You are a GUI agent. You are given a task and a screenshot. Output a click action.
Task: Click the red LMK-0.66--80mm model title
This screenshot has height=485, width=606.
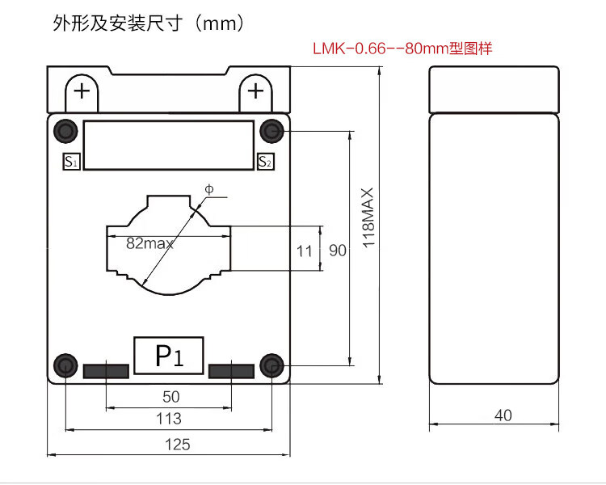[x=402, y=48]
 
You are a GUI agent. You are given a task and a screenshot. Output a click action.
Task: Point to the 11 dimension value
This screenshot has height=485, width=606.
[x=304, y=251]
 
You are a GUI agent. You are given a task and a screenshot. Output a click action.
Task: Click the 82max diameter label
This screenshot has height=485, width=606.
[x=149, y=242]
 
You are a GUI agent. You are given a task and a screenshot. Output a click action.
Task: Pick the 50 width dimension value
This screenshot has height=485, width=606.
[x=170, y=397]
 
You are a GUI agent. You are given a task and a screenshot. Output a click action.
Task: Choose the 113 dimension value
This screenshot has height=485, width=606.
[x=169, y=419]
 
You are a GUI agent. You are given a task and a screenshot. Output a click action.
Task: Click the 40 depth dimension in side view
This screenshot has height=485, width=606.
[x=503, y=415]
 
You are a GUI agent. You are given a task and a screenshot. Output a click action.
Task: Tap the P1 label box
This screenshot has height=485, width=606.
[x=169, y=356]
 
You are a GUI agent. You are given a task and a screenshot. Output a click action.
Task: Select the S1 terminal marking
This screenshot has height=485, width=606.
[x=71, y=162]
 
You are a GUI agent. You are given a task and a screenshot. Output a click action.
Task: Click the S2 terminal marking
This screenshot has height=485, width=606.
[x=265, y=162]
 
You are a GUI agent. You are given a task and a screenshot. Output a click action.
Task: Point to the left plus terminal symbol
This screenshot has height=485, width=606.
[x=82, y=90]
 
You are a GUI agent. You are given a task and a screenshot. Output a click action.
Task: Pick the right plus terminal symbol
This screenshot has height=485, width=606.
[x=255, y=90]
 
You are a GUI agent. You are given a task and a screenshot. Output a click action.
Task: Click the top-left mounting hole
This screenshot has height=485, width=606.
[x=65, y=129]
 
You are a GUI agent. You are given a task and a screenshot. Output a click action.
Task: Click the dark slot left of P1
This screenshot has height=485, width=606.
[x=106, y=371]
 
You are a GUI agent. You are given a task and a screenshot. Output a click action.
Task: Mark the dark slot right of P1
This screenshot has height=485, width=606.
[x=231, y=371]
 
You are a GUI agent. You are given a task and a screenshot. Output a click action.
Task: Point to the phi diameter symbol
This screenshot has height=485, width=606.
[x=208, y=189]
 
